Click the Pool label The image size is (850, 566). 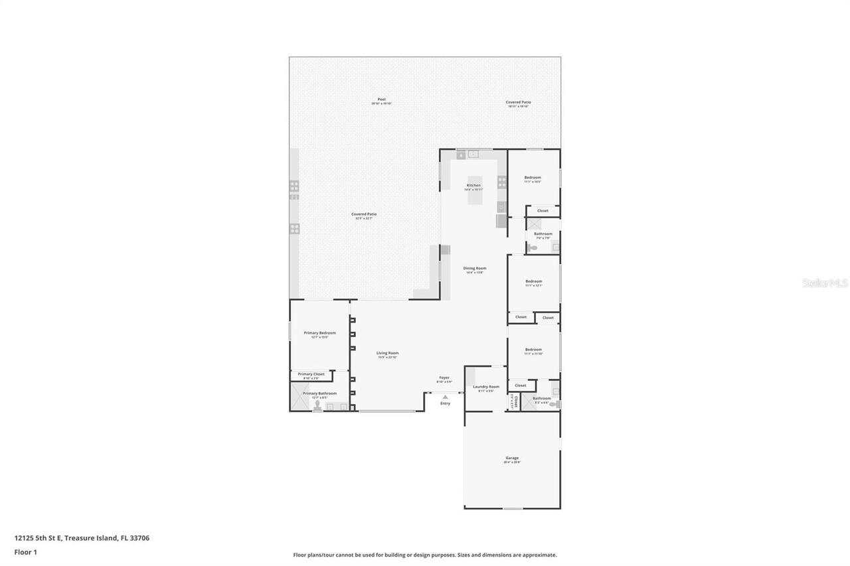381,100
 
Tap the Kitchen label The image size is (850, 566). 473,185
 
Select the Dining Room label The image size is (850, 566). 475,268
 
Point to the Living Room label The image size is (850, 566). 388,353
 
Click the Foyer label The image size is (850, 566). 444,378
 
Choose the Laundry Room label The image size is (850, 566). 485,387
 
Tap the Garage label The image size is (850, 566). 511,458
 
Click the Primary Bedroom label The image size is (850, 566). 319,333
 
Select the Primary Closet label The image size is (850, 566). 311,374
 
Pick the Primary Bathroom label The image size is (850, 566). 319,393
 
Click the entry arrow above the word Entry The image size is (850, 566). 445,397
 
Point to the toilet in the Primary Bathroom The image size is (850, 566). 317,405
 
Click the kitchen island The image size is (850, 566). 475,196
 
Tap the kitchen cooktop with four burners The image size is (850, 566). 502,182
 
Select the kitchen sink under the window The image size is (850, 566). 473,154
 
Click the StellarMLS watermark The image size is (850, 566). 825,283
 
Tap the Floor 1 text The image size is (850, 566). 25,551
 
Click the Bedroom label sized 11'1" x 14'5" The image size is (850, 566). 533,178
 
